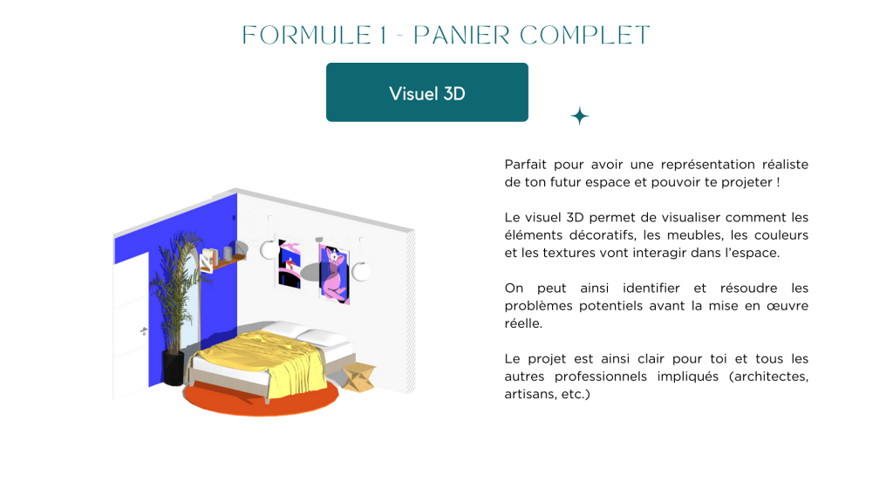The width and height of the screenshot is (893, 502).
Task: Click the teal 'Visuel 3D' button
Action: [427, 92]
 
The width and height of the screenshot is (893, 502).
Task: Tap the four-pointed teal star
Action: [580, 116]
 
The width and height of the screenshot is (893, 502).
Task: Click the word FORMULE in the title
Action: [307, 35]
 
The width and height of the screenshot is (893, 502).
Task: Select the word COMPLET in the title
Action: [584, 35]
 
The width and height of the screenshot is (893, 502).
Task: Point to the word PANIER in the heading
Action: [461, 35]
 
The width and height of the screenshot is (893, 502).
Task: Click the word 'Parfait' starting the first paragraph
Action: [525, 165]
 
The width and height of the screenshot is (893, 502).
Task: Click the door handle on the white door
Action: [143, 330]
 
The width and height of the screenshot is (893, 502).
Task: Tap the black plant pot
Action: [174, 368]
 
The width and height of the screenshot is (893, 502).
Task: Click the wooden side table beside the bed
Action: [358, 376]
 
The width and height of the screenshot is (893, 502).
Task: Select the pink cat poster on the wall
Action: [334, 274]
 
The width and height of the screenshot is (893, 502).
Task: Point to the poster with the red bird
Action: [290, 263]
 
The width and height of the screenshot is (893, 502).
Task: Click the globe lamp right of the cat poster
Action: [361, 272]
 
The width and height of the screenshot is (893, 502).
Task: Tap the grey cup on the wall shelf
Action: [228, 254]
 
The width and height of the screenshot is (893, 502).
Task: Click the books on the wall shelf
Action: [208, 260]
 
